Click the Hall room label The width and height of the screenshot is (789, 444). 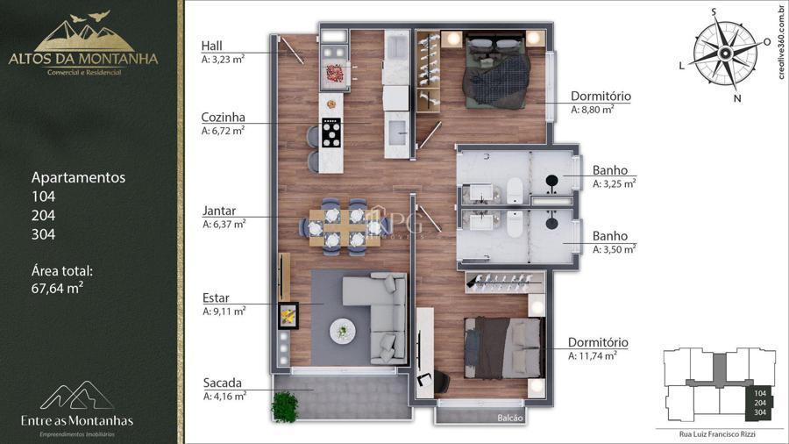(x=211, y=46)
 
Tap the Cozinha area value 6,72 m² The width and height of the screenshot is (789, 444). (x=223, y=131)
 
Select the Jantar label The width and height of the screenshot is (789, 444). (x=219, y=211)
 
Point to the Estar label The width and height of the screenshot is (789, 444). (x=216, y=297)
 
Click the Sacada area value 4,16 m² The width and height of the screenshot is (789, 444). (x=224, y=396)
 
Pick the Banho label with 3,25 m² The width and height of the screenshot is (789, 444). (x=610, y=170)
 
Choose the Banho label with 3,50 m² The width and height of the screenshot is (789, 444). (x=610, y=235)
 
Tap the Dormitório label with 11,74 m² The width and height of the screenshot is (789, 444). (x=598, y=342)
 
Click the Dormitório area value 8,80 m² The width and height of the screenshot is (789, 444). (x=593, y=109)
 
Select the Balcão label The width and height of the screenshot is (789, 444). (x=510, y=418)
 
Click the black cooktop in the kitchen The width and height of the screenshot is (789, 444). (x=331, y=132)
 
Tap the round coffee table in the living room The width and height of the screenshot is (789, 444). (x=343, y=331)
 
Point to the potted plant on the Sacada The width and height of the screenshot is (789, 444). (x=285, y=405)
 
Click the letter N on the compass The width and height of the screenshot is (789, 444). (x=737, y=98)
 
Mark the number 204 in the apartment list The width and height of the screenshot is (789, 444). (x=43, y=216)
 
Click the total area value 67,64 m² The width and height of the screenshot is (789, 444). (x=57, y=289)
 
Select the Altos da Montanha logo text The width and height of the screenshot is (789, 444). (x=83, y=59)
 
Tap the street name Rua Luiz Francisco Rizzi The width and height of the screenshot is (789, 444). (x=717, y=434)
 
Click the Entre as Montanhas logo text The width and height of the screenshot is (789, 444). (x=77, y=421)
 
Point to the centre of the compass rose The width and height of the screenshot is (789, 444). (x=725, y=53)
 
